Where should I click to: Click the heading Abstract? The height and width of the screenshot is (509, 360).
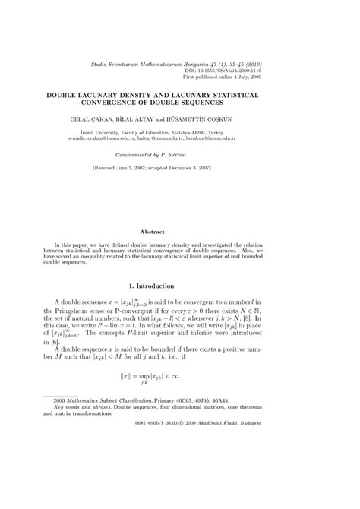(179, 231)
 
